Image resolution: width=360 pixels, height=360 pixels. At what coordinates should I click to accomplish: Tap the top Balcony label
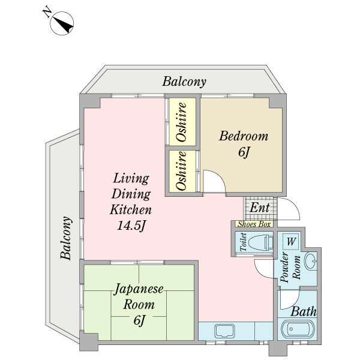[x=184, y=82]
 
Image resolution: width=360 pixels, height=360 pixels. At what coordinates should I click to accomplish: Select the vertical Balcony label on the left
[x=67, y=238]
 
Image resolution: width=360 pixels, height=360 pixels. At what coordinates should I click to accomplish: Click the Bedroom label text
[x=243, y=136]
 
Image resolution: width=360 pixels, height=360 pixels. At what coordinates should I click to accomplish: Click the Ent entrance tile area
[x=259, y=208]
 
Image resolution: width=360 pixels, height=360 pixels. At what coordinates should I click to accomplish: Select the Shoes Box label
[x=254, y=224]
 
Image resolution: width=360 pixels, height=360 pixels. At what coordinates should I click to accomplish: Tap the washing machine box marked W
[x=290, y=241]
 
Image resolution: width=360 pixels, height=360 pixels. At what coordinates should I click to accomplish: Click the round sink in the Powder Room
[x=311, y=262]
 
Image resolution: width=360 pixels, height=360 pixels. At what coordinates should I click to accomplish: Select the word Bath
[x=304, y=312]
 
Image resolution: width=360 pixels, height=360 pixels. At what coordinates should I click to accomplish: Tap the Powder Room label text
[x=289, y=267]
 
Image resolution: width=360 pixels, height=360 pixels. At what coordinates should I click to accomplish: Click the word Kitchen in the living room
[x=130, y=210]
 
